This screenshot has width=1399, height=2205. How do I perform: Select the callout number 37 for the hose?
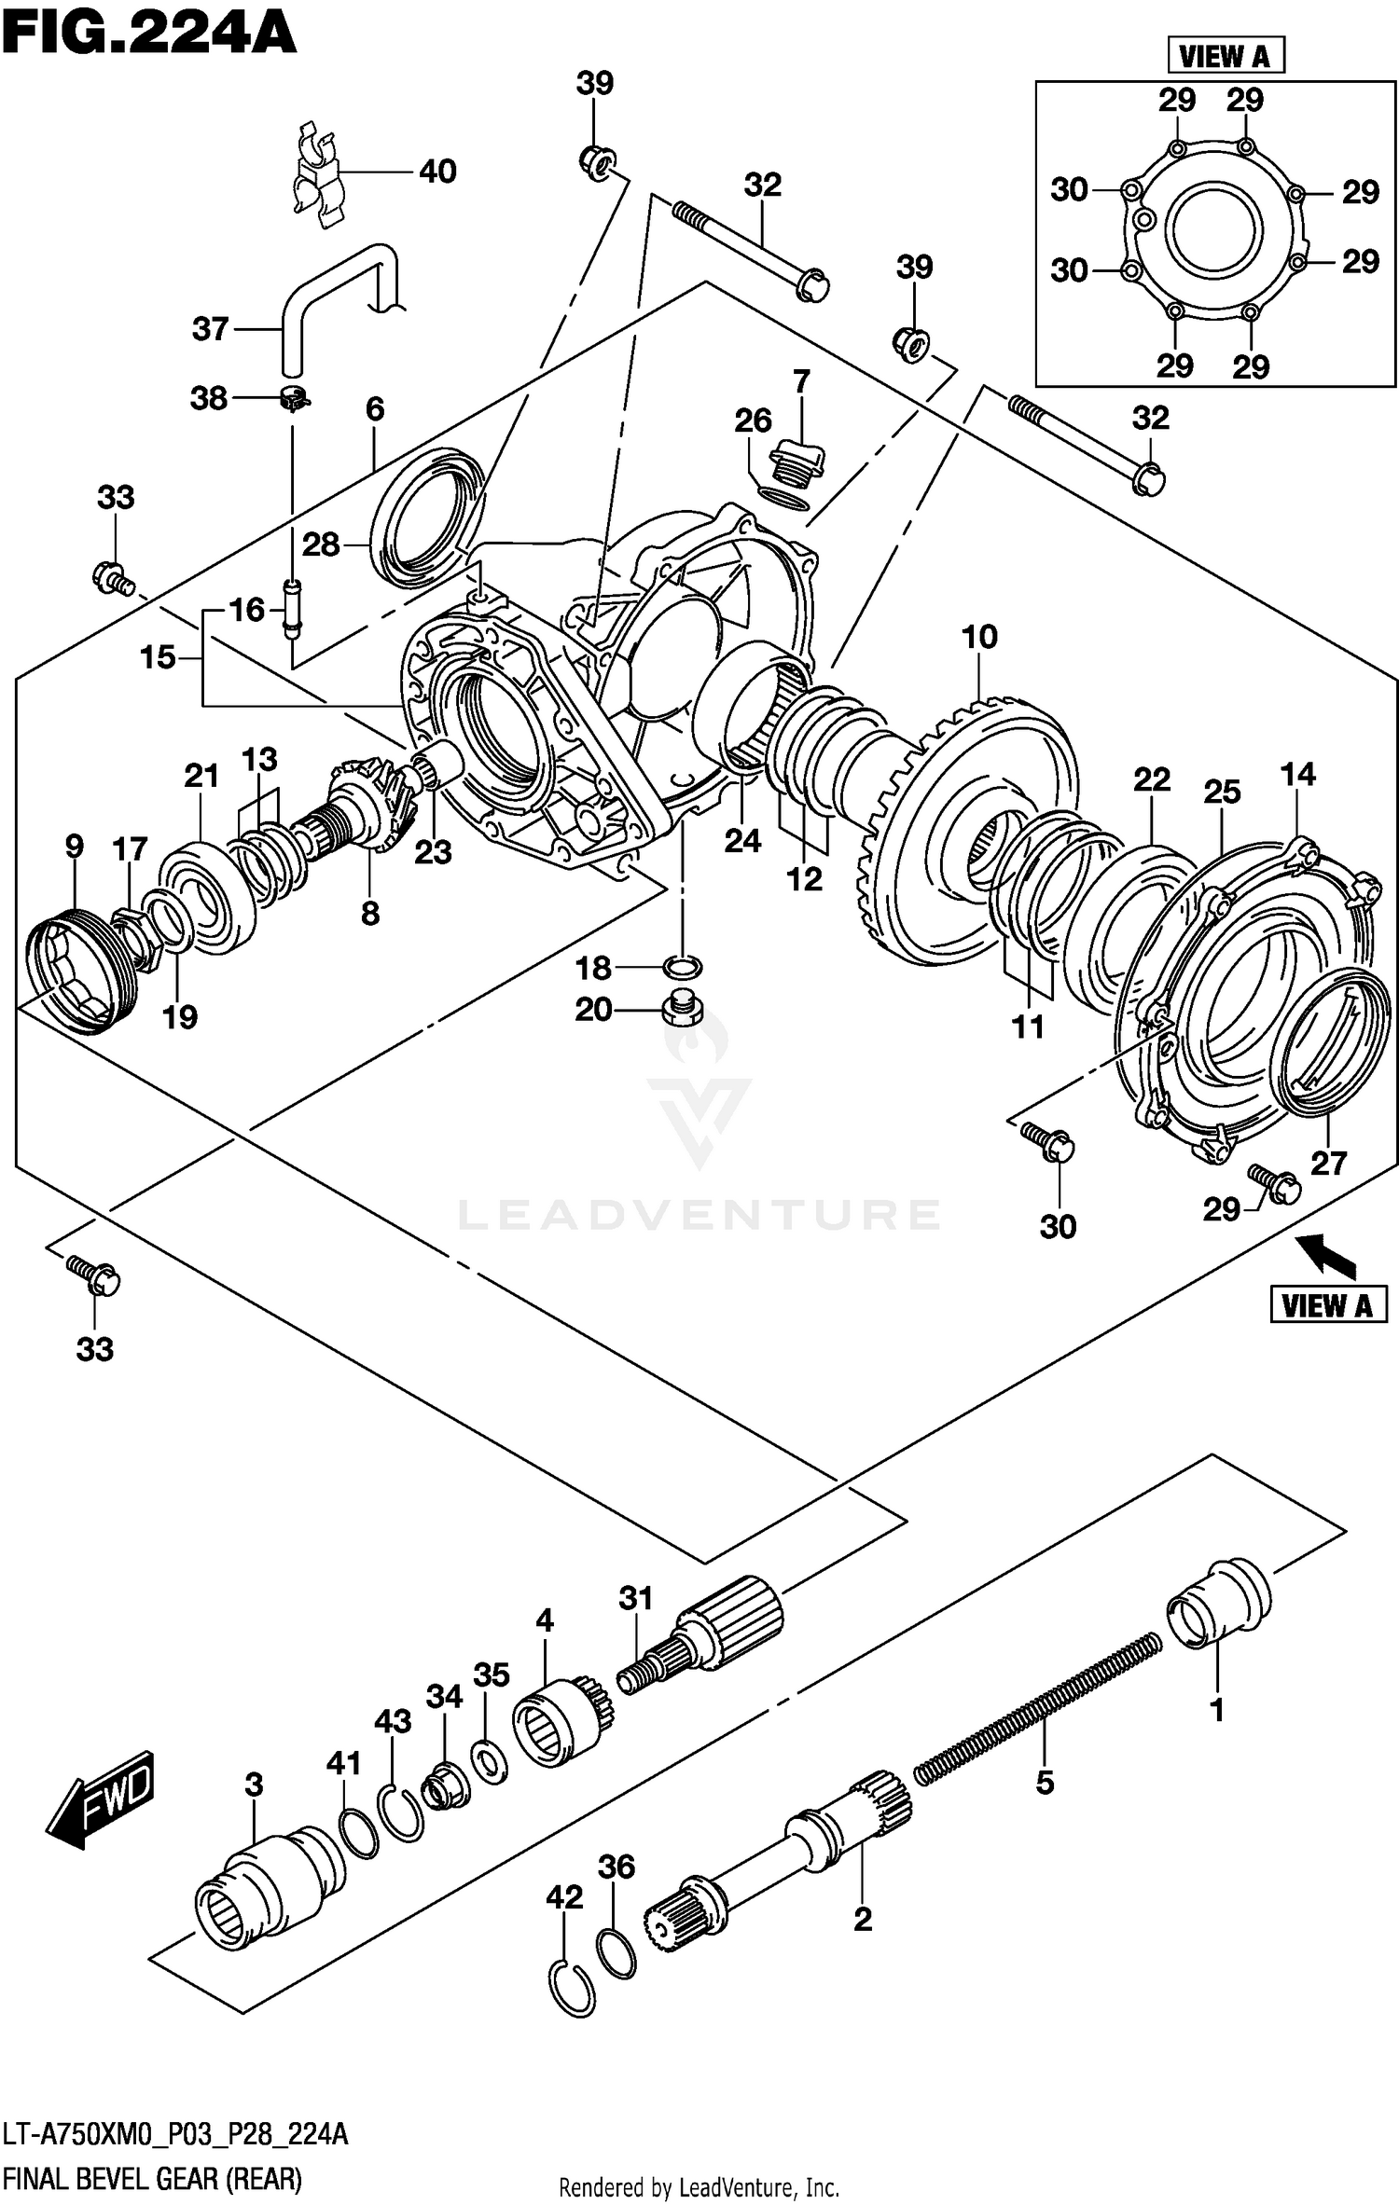pos(210,329)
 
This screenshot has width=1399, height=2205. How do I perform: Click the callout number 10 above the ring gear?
pos(979,638)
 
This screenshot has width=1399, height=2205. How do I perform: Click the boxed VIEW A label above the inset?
pos(1226,56)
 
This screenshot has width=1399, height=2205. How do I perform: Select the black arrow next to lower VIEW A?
pos(1330,1254)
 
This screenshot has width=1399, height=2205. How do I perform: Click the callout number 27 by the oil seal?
pos(1328,1163)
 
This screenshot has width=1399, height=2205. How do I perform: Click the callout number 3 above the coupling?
pos(254,1785)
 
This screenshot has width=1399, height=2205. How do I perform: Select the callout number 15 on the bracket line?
pos(158,657)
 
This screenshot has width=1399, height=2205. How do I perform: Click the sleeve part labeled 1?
pos(1218,1604)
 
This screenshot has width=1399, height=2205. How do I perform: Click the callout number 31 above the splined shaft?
pos(635,1598)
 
